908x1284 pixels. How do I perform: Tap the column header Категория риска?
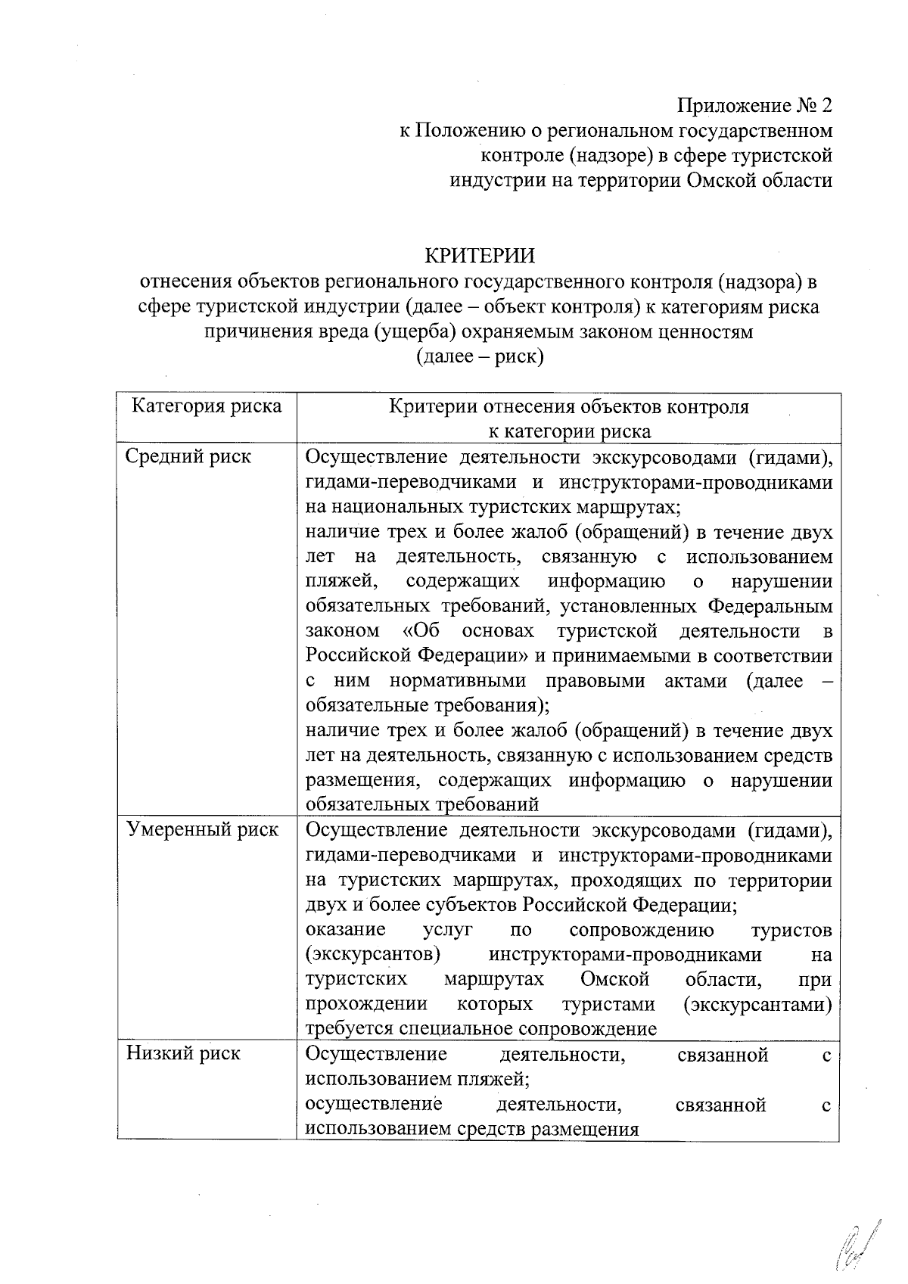point(207,407)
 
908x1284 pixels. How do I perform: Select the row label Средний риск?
point(188,457)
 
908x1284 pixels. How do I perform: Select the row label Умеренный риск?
point(203,830)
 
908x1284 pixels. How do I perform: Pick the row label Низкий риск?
point(184,1053)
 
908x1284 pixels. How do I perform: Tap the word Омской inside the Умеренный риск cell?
point(614,979)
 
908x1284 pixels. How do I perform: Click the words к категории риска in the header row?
point(568,432)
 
